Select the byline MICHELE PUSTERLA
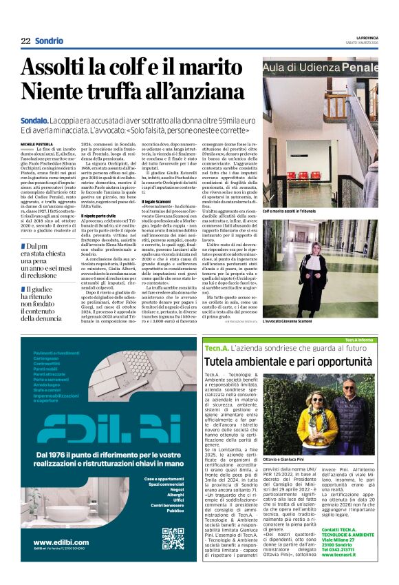click(x=36, y=143)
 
